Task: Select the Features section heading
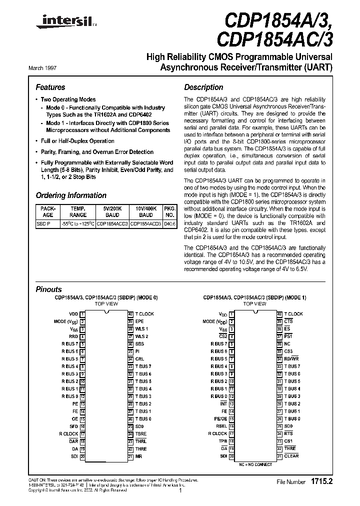(x=50, y=87)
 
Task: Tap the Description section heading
(x=203, y=87)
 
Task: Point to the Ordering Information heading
(x=71, y=195)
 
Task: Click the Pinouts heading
(x=48, y=289)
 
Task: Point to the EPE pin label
(x=139, y=321)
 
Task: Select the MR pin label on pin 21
(x=138, y=456)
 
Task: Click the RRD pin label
(x=73, y=336)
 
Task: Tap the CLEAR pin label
(x=291, y=456)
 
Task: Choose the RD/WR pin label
(x=291, y=359)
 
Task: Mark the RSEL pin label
(x=221, y=426)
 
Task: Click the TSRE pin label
(x=141, y=434)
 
